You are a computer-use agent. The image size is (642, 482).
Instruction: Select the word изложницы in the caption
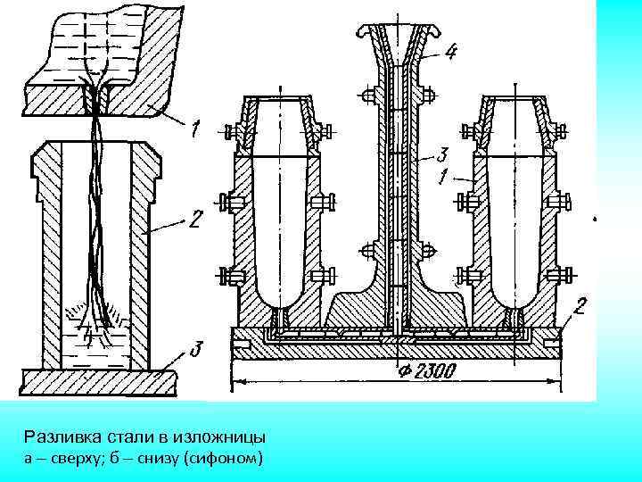pos(222,438)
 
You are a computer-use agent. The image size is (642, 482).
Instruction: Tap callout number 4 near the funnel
pos(452,52)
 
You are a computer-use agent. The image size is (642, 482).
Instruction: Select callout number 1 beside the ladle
pos(194,131)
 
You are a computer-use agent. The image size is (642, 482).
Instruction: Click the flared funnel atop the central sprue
pos(396,36)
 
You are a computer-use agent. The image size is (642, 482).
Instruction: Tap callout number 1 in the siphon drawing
pos(442,177)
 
